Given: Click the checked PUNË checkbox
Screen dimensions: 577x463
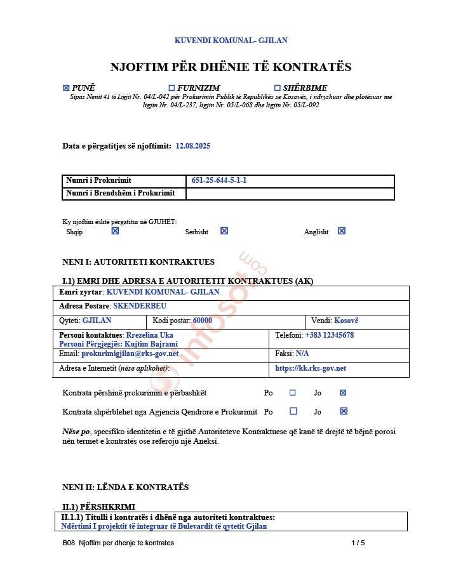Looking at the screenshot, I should coord(66,88).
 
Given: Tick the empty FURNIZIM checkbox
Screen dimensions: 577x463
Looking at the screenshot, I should coord(171,88).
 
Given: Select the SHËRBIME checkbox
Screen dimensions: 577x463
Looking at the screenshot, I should coord(277,88).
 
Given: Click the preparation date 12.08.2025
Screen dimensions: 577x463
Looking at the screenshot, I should coord(193,146).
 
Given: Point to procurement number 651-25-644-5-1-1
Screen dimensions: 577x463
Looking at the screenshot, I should coord(219,180).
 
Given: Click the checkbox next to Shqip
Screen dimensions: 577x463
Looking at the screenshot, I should coord(115,231).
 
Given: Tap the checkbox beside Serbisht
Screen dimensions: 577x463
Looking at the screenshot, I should coord(224,231).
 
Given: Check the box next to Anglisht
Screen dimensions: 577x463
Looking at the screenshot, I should coord(342,231).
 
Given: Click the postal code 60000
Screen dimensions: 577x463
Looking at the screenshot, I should coord(202,321).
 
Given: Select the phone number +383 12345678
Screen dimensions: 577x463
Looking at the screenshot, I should coord(329,335).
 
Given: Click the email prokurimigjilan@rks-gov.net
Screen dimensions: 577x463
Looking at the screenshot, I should coord(130,354).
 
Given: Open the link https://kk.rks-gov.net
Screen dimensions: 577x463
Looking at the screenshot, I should coord(311,368).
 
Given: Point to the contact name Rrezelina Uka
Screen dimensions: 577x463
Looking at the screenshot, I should coord(149,335).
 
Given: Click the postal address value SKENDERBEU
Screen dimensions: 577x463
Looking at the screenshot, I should coord(140,306).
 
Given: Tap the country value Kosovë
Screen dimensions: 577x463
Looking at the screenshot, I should coord(346,321).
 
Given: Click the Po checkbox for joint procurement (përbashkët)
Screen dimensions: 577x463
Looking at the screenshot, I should coord(293,393).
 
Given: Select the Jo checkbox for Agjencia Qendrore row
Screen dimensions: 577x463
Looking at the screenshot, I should coord(344,411).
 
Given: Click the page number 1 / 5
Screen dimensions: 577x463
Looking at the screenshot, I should coord(358,543).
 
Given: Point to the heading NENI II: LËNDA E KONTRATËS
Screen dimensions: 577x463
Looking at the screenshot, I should coord(126,487).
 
